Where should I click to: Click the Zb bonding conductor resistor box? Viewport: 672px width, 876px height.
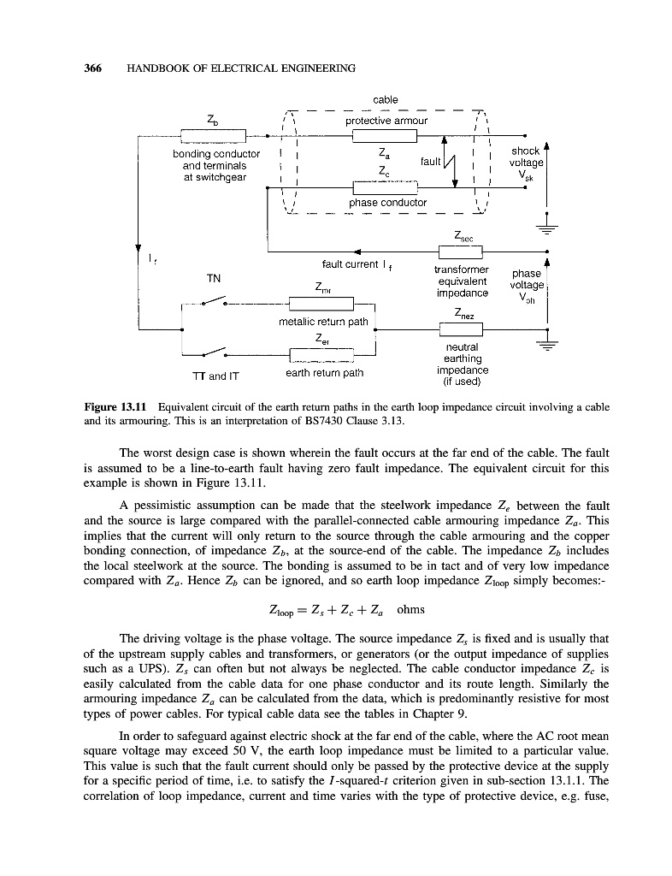click(x=213, y=135)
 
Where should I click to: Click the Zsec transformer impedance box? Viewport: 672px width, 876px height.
click(x=460, y=252)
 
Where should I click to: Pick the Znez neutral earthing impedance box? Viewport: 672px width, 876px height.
click(x=460, y=328)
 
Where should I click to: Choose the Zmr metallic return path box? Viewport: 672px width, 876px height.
click(x=321, y=303)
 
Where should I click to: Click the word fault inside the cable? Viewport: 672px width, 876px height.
click(x=431, y=161)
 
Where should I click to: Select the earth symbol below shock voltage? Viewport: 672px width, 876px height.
click(x=545, y=226)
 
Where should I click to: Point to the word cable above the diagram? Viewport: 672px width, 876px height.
click(x=385, y=100)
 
